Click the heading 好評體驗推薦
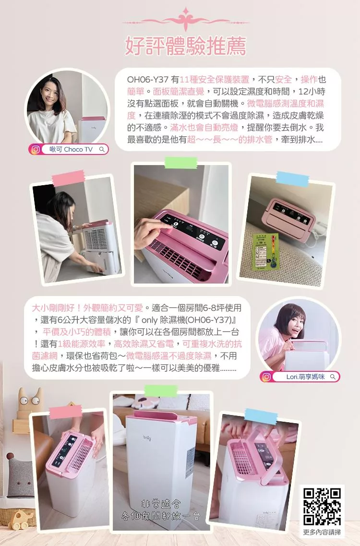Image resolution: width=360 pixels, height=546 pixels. point(185,47)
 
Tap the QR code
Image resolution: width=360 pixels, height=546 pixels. point(322,506)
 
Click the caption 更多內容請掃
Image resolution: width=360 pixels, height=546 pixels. point(322,532)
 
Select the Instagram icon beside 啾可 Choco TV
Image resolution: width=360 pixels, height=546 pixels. point(36,150)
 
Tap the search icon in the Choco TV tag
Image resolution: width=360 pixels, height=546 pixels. point(102,150)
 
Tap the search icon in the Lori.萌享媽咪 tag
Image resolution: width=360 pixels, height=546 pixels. point(333,377)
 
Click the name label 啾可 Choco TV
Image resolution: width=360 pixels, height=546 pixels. point(71,150)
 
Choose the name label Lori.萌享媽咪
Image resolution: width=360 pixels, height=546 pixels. point(305,377)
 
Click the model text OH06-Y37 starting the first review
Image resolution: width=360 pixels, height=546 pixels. point(146,79)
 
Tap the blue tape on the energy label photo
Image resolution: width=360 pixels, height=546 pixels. point(292,178)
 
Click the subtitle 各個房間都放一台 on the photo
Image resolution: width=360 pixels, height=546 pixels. point(160,517)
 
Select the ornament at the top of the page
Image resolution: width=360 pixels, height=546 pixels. point(185,21)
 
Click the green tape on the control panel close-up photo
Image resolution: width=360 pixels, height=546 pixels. point(180,163)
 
